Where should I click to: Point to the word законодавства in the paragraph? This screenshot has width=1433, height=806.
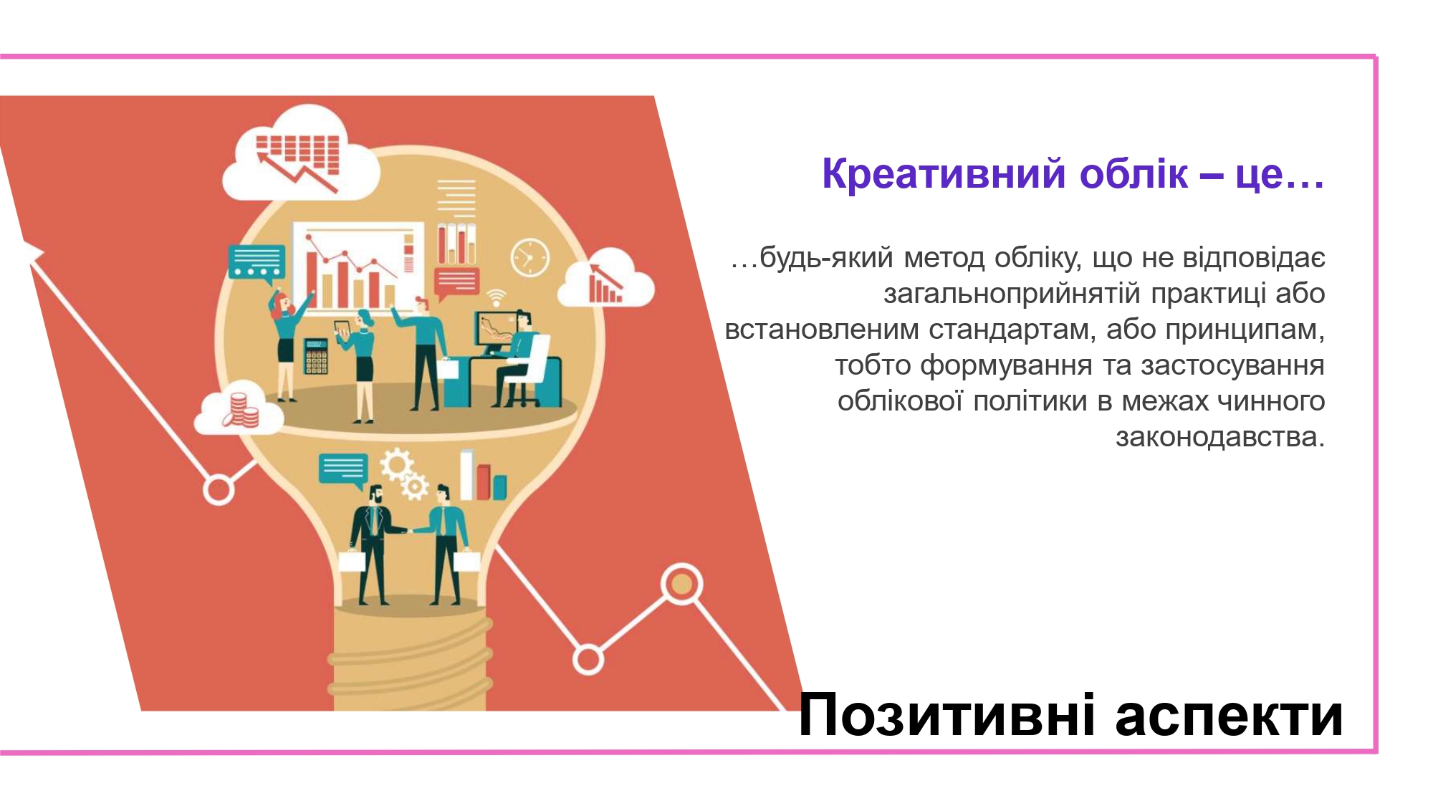[1219, 437]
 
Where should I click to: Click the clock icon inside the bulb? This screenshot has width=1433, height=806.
[530, 256]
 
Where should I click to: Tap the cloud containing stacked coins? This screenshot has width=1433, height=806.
[239, 409]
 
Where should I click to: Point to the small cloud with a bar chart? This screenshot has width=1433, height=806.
[606, 279]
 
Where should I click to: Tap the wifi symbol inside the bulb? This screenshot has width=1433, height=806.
[496, 297]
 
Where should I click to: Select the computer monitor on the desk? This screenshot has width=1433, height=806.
[496, 332]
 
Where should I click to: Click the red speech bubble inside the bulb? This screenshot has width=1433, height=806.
[456, 284]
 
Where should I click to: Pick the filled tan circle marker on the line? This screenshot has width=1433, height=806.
[681, 584]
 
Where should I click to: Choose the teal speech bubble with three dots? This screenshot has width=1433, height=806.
[257, 264]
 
